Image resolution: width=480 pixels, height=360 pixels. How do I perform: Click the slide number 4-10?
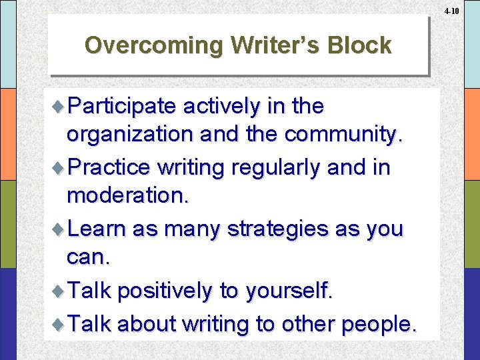451,11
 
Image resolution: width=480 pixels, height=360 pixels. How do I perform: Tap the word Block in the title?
359,45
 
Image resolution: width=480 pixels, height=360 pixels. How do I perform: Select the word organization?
127,134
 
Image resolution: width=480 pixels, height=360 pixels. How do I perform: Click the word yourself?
289,291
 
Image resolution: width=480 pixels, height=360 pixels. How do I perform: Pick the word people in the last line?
378,324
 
